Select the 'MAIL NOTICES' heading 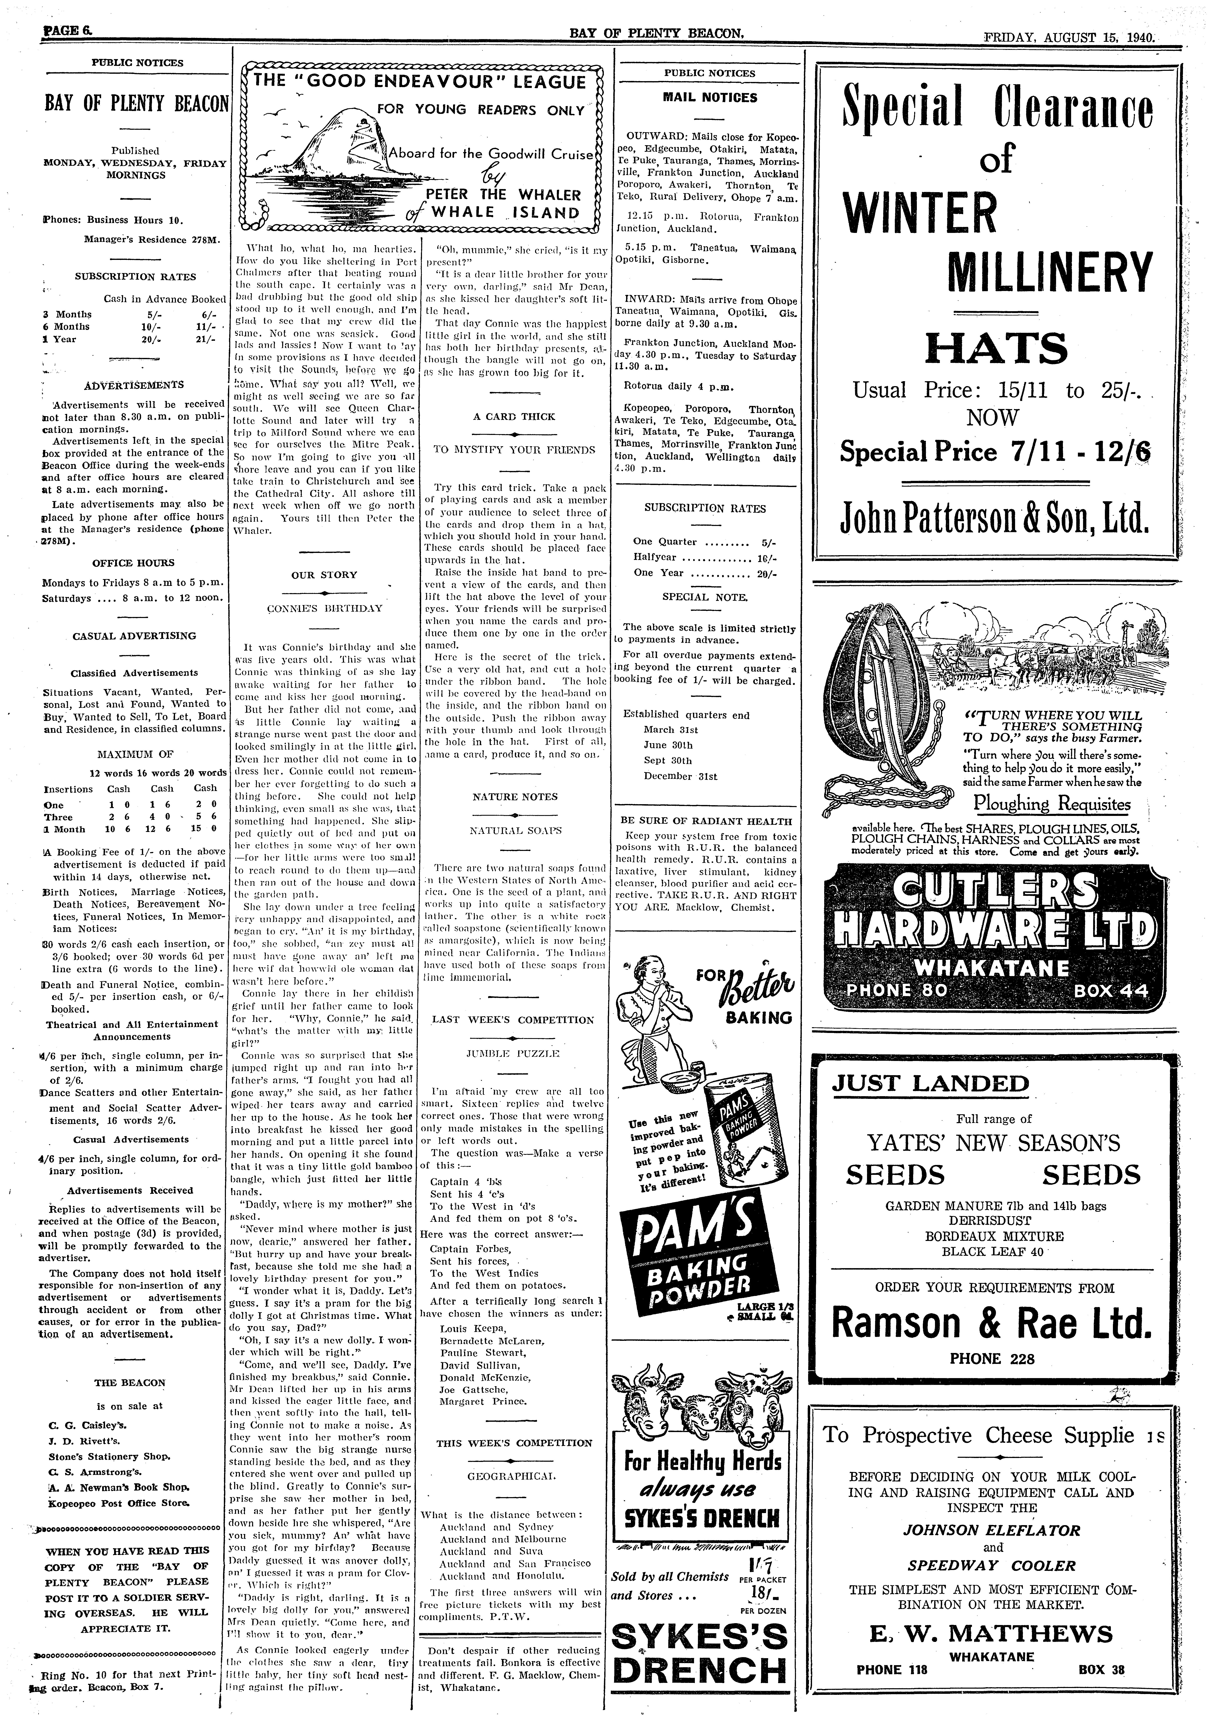point(710,97)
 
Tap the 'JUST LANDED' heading point(930,1084)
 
